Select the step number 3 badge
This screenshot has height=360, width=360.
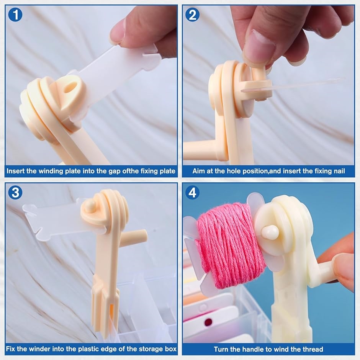click(15, 192)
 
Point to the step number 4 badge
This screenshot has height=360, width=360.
click(192, 192)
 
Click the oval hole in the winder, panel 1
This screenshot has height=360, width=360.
click(70, 87)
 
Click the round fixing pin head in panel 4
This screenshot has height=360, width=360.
click(270, 232)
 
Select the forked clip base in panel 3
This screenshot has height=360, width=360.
click(105, 303)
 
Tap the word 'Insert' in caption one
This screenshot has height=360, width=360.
click(16, 171)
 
